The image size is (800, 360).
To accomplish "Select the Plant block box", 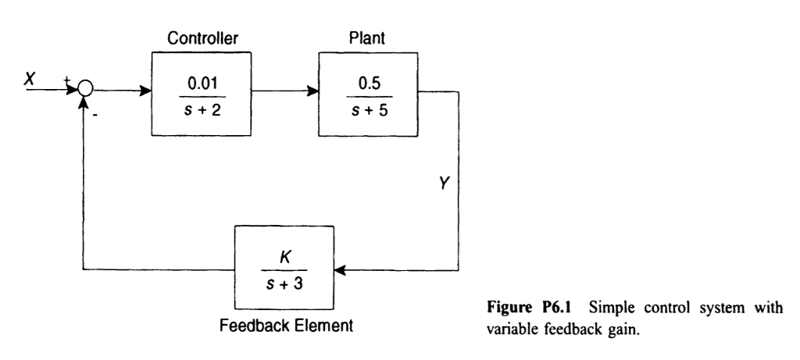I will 369,91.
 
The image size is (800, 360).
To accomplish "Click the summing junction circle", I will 84,91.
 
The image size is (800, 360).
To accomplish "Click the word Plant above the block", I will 369,37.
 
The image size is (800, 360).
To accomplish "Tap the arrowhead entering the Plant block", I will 313,91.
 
